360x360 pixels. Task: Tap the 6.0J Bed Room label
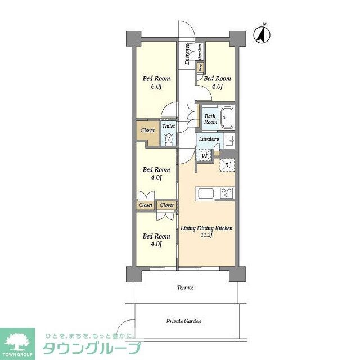(156, 83)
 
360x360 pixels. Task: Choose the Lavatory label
(209, 138)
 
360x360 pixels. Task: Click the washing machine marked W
(205, 154)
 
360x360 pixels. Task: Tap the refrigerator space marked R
(227, 164)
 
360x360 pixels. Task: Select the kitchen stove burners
(226, 193)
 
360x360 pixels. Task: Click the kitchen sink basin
(204, 193)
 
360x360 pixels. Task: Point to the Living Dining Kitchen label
(206, 228)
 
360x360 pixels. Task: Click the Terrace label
(186, 288)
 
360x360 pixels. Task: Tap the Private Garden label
(183, 322)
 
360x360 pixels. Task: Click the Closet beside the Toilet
(147, 130)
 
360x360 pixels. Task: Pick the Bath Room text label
(210, 119)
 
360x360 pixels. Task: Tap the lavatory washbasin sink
(229, 140)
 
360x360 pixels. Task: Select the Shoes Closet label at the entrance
(200, 51)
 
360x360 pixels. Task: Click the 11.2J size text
(206, 236)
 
